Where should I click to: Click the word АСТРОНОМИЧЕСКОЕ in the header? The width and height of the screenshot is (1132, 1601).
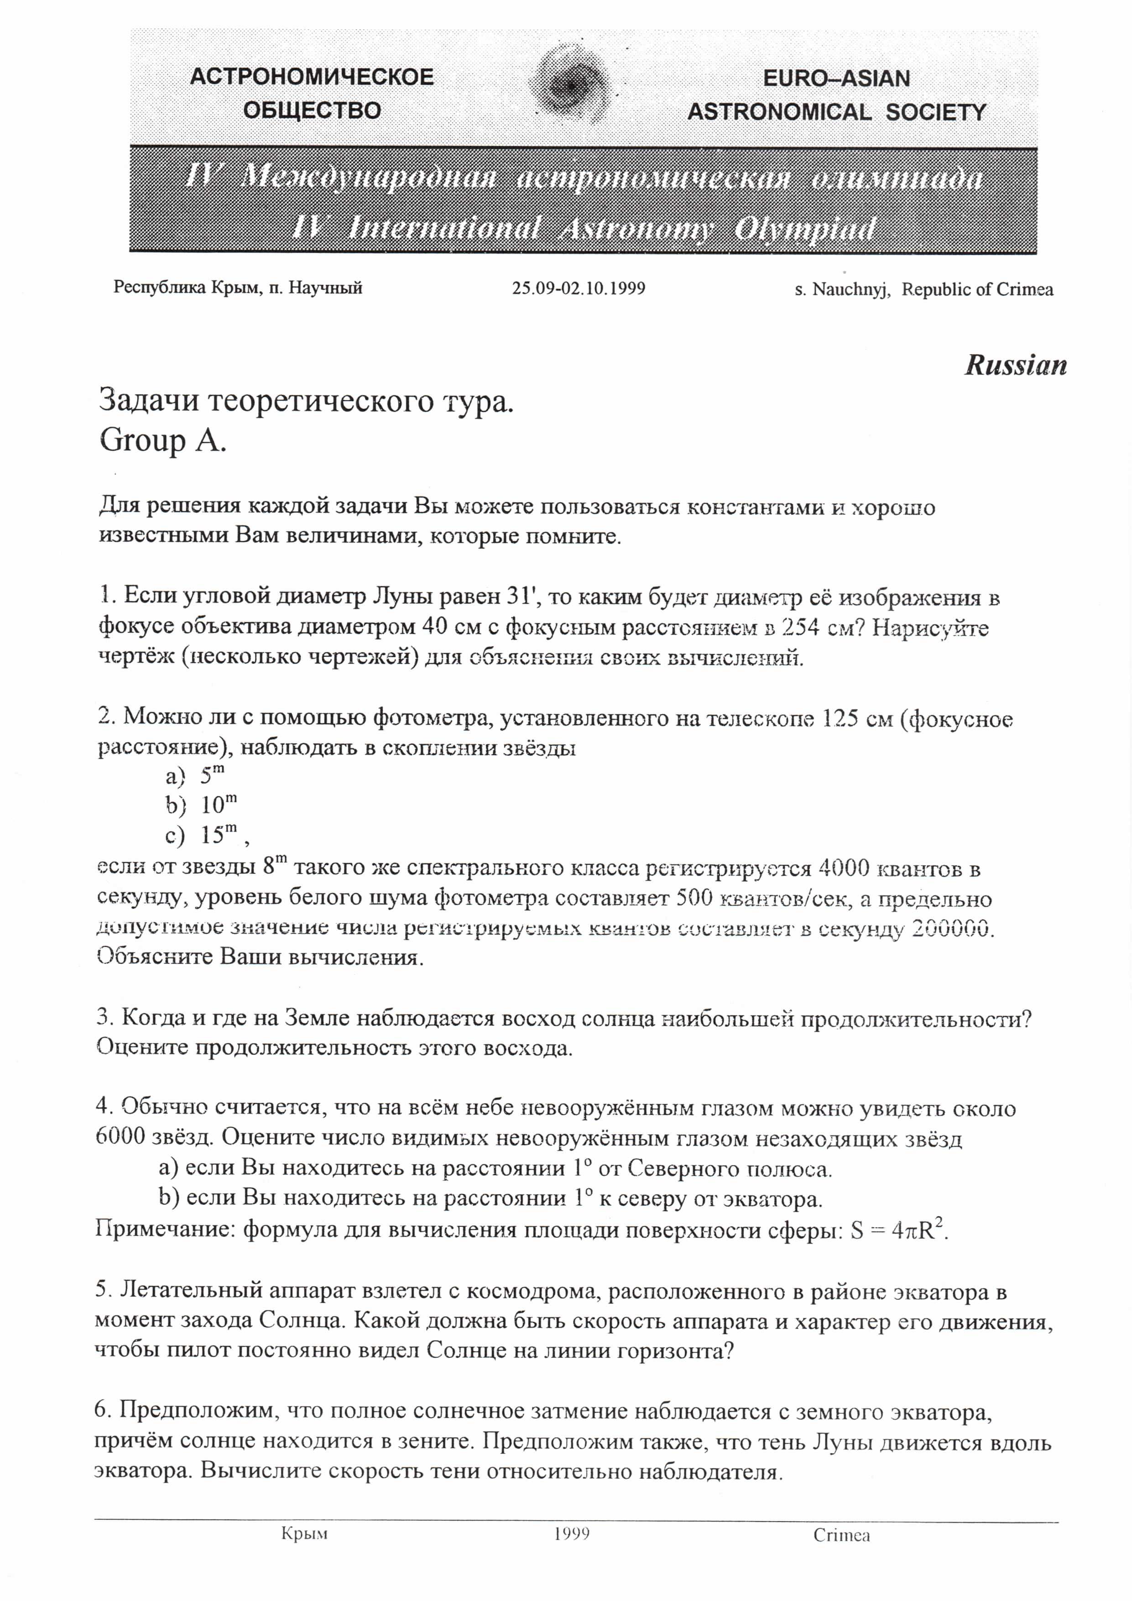[x=312, y=77]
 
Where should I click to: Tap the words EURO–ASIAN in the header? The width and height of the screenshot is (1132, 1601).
[x=836, y=78]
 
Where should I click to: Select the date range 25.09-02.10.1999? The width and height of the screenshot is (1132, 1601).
[x=579, y=288]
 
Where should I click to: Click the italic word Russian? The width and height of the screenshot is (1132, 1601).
[x=1016, y=366]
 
